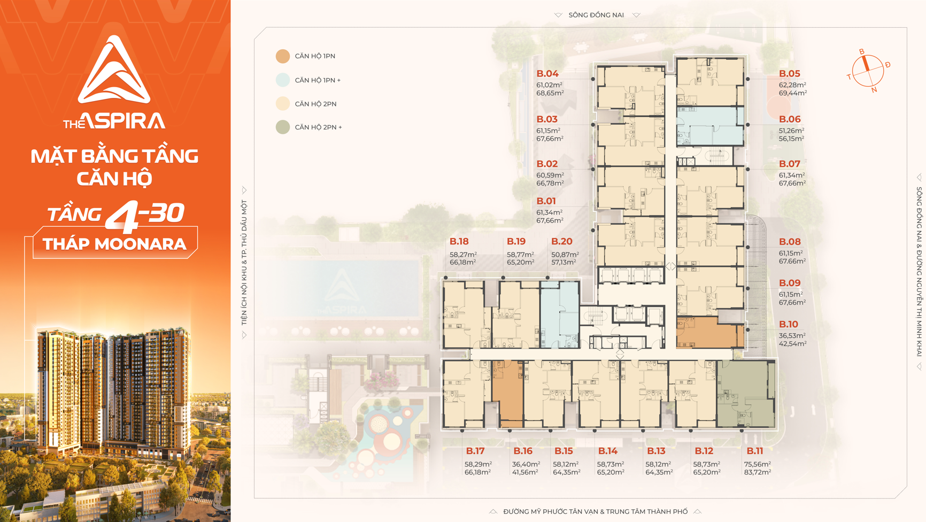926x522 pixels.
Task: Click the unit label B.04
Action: click(547, 74)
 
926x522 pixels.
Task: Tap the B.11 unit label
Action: click(754, 451)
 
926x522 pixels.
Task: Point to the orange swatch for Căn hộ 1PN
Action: click(283, 56)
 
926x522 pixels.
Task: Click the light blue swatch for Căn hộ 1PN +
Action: click(283, 80)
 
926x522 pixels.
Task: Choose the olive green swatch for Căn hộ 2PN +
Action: click(283, 127)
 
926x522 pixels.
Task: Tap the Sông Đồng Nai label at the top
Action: click(596, 15)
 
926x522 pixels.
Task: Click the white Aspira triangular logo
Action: click(114, 70)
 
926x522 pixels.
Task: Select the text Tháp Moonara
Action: click(114, 244)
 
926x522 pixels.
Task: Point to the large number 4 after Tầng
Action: click(122, 217)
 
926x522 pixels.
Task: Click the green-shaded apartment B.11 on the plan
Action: click(746, 394)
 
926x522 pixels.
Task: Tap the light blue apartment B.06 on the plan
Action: click(710, 126)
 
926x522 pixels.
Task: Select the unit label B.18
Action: click(459, 242)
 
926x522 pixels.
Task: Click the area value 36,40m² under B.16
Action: click(526, 464)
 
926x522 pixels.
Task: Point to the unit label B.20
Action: click(561, 242)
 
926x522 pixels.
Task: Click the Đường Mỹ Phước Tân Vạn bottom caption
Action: click(595, 512)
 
